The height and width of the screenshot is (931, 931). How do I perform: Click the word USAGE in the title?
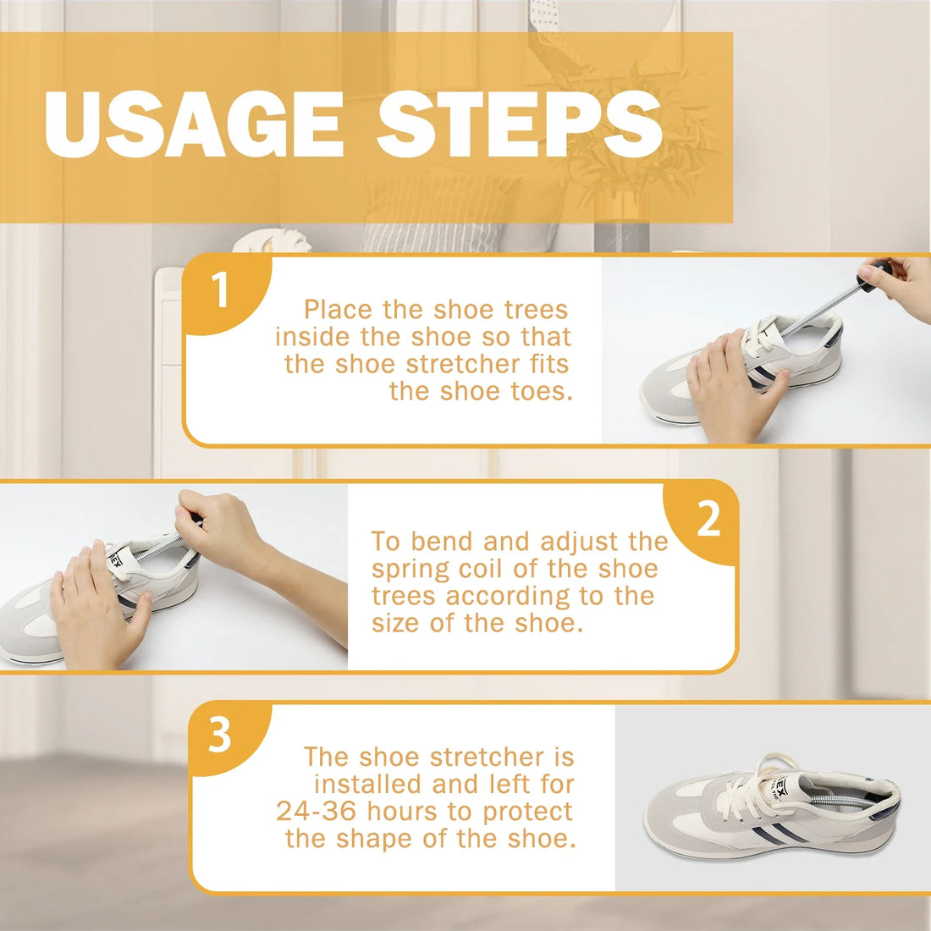click(x=192, y=125)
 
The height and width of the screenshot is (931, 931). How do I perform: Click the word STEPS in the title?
click(x=520, y=125)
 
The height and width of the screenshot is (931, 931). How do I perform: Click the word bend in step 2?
click(x=441, y=542)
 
